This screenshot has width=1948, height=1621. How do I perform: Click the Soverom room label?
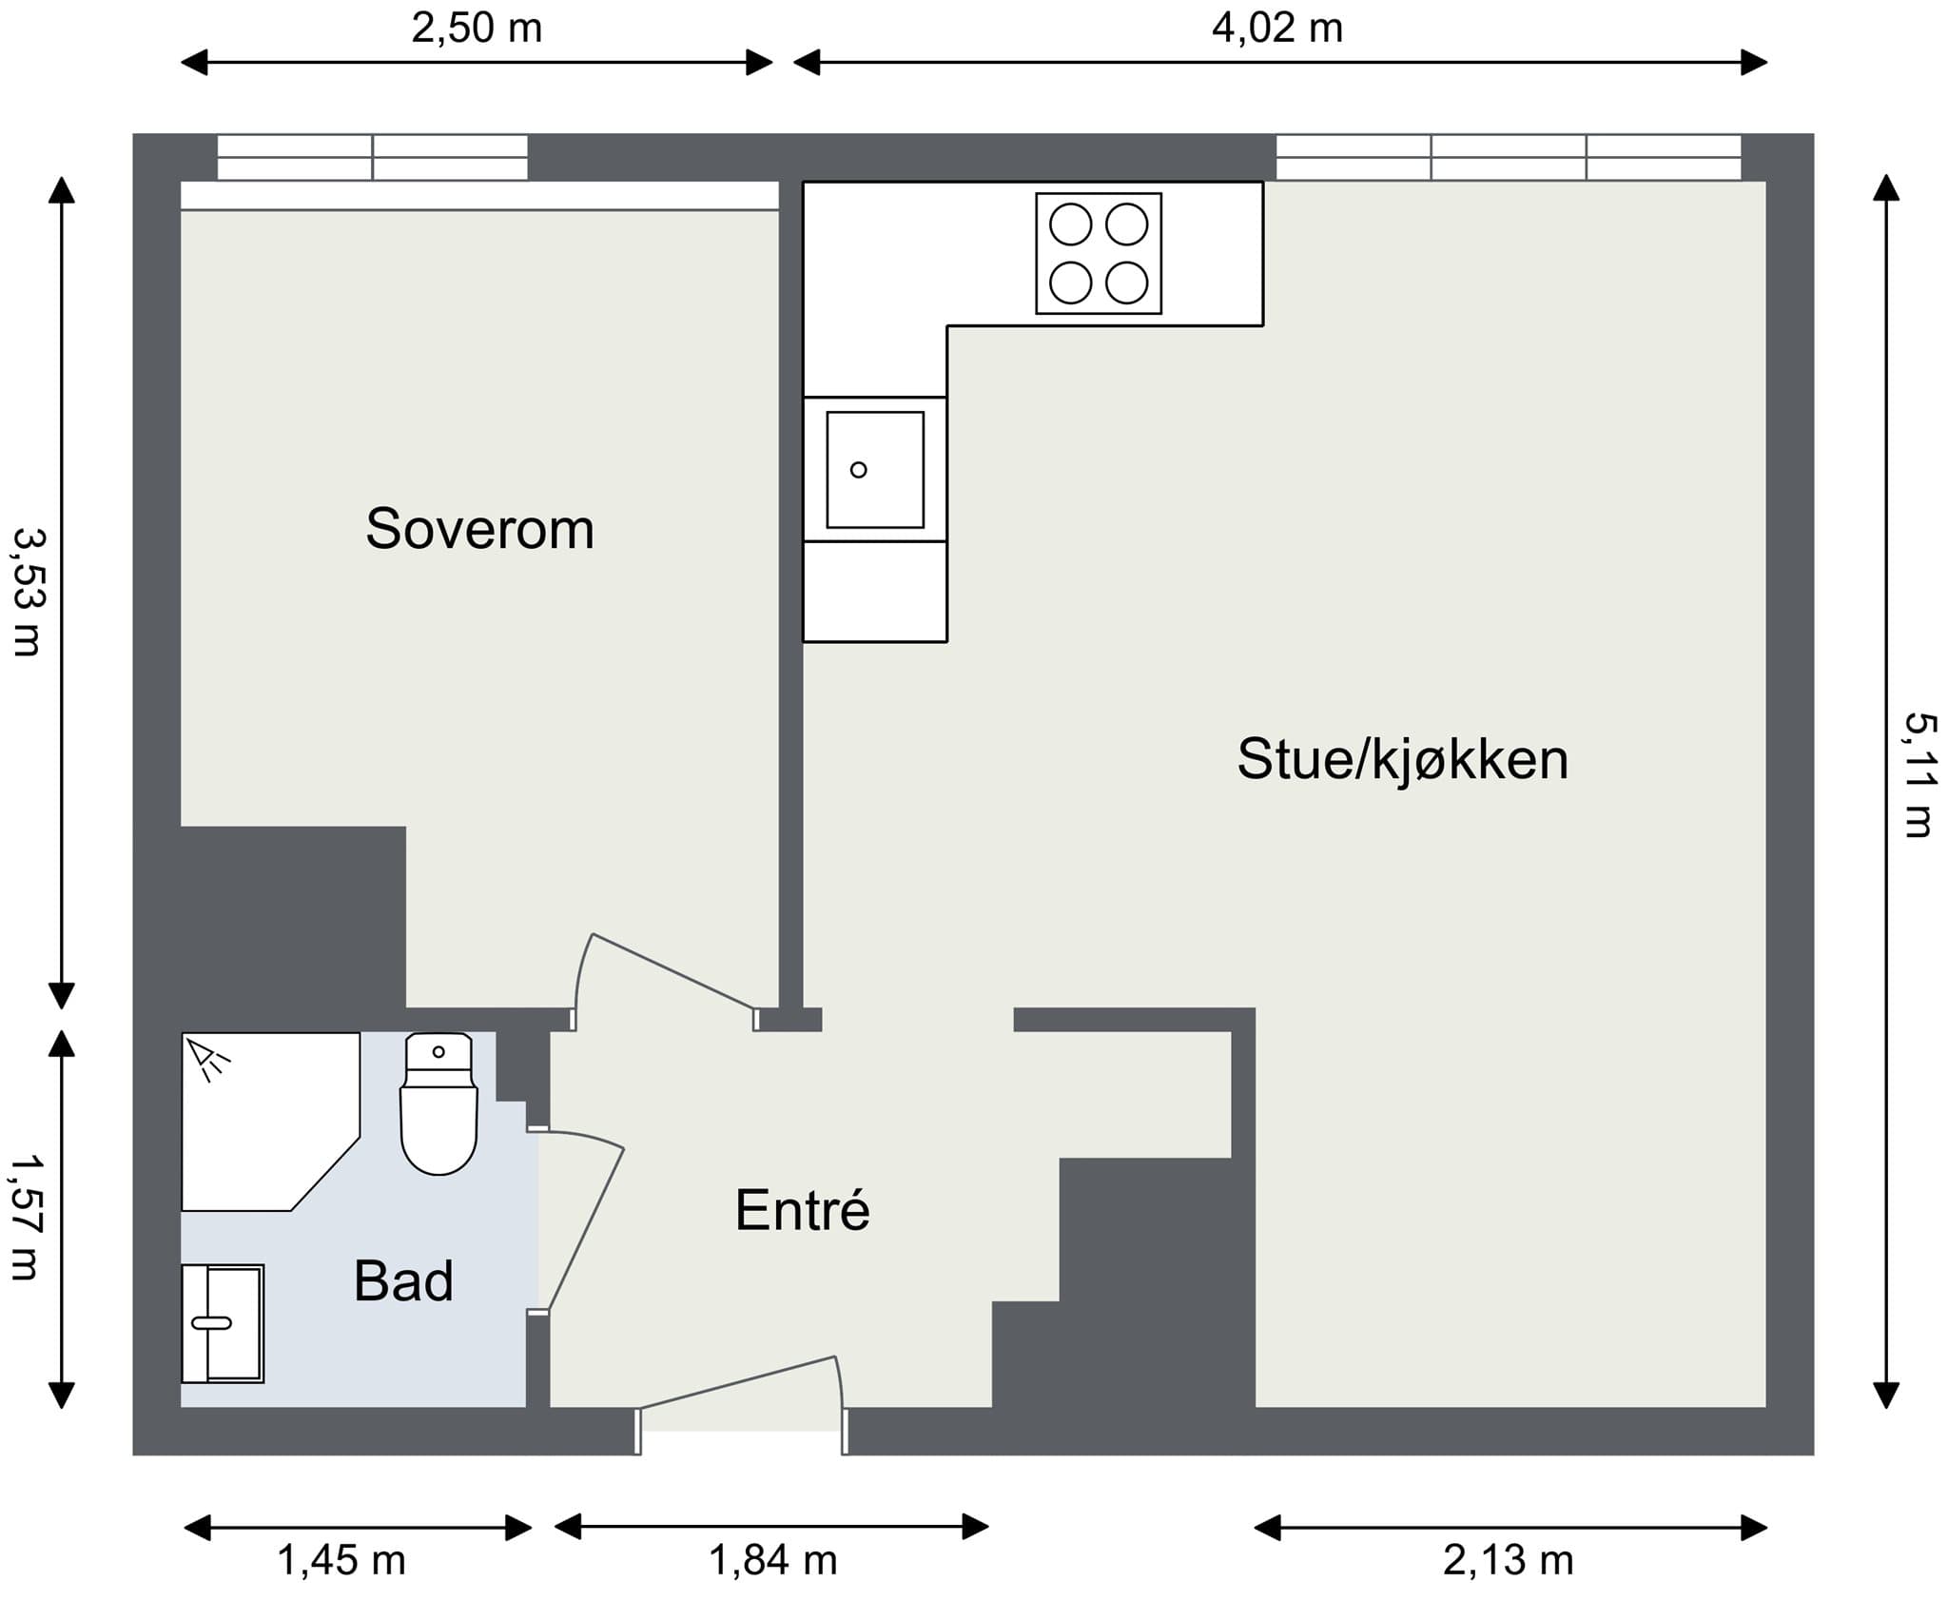pyautogui.click(x=479, y=529)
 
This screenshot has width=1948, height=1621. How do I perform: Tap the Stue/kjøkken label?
pyautogui.click(x=1402, y=760)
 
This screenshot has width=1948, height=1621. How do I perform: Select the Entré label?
pyautogui.click(x=803, y=1210)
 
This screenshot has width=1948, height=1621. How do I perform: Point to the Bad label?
pyautogui.click(x=403, y=1281)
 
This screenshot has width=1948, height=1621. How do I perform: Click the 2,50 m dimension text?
pyautogui.click(x=477, y=28)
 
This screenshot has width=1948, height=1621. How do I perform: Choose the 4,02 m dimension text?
pyautogui.click(x=1277, y=28)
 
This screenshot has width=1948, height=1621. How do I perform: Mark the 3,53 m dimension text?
pyautogui.click(x=27, y=593)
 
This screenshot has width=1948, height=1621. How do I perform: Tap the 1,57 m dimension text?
pyautogui.click(x=27, y=1218)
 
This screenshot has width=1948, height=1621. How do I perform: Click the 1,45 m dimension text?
pyautogui.click(x=341, y=1560)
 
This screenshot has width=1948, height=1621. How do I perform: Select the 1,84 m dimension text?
pyautogui.click(x=773, y=1560)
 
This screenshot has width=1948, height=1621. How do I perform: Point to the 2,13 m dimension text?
pyautogui.click(x=1508, y=1560)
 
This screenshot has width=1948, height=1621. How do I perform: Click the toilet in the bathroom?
pyautogui.click(x=438, y=1103)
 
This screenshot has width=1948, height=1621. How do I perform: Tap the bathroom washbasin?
pyautogui.click(x=223, y=1323)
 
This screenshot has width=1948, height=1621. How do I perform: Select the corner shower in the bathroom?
pyautogui.click(x=270, y=1122)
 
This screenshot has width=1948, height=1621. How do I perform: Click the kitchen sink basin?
pyautogui.click(x=875, y=470)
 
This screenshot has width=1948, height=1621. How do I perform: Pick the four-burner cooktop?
pyautogui.click(x=1099, y=254)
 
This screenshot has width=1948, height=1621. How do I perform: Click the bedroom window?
pyautogui.click(x=372, y=157)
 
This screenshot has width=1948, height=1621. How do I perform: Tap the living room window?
pyautogui.click(x=1509, y=157)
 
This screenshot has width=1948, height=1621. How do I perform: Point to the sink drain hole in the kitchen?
pyautogui.click(x=858, y=470)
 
